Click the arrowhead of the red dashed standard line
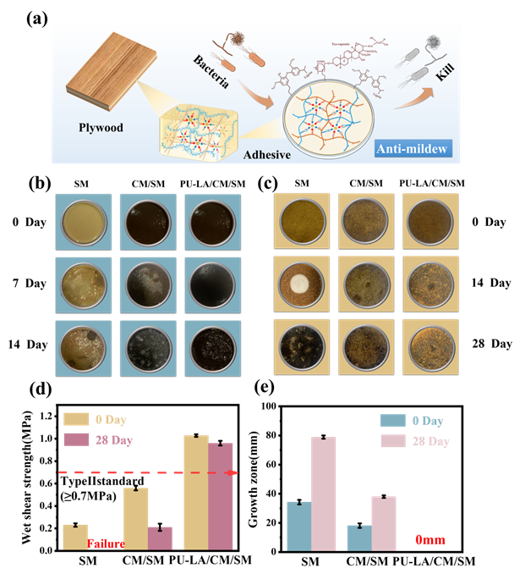243,471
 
